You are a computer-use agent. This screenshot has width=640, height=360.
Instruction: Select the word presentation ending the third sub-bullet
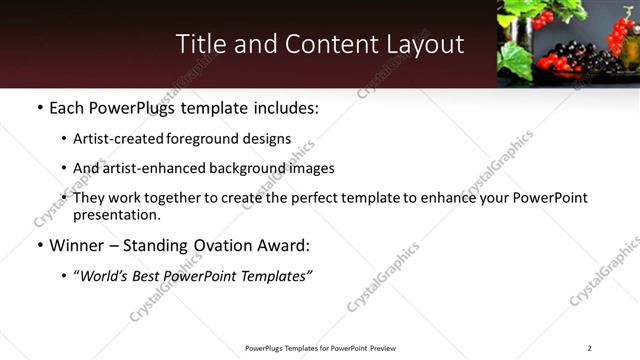click(x=114, y=214)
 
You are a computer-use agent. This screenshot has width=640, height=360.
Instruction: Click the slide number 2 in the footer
click(x=589, y=348)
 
